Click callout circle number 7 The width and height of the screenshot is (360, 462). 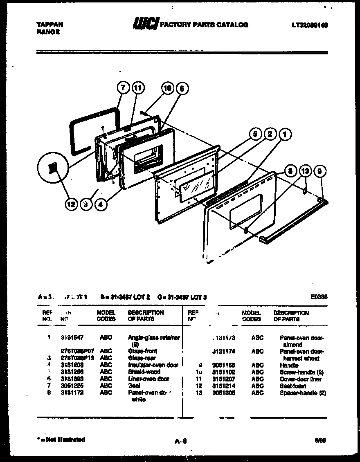(122, 88)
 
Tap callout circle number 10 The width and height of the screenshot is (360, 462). (167, 88)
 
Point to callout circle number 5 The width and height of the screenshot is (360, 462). (255, 134)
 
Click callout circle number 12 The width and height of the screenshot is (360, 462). (71, 204)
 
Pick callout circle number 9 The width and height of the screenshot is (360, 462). (320, 171)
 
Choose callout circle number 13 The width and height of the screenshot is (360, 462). (305, 171)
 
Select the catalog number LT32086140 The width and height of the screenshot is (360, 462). (310, 25)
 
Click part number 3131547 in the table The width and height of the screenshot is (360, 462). (72, 338)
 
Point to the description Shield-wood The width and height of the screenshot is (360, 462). (144, 372)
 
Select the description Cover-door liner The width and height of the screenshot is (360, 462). (300, 379)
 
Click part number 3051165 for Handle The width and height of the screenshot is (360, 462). (223, 365)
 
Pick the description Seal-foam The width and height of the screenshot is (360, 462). (292, 386)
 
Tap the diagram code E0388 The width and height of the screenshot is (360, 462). (319, 297)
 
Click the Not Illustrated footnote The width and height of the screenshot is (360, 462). (61, 440)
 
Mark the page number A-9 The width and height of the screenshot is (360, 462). (180, 441)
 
